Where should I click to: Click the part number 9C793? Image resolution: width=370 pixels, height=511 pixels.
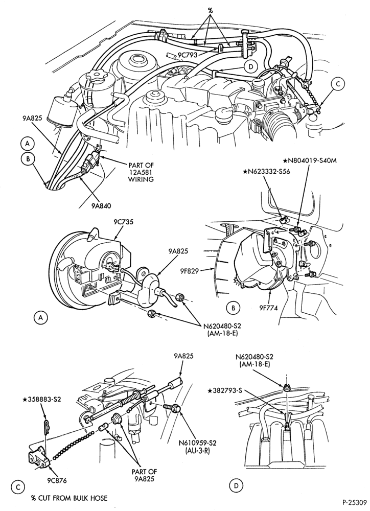[x=188, y=55]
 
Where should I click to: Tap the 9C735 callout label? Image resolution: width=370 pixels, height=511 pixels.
[x=124, y=222]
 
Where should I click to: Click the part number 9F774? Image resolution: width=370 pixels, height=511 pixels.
[x=269, y=307]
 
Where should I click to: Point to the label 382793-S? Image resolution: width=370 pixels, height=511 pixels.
[x=226, y=389]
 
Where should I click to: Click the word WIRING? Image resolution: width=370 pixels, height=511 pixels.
[x=141, y=179]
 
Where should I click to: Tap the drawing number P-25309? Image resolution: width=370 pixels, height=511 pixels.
[x=355, y=502]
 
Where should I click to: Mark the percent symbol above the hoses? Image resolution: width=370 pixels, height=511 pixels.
[x=210, y=10]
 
